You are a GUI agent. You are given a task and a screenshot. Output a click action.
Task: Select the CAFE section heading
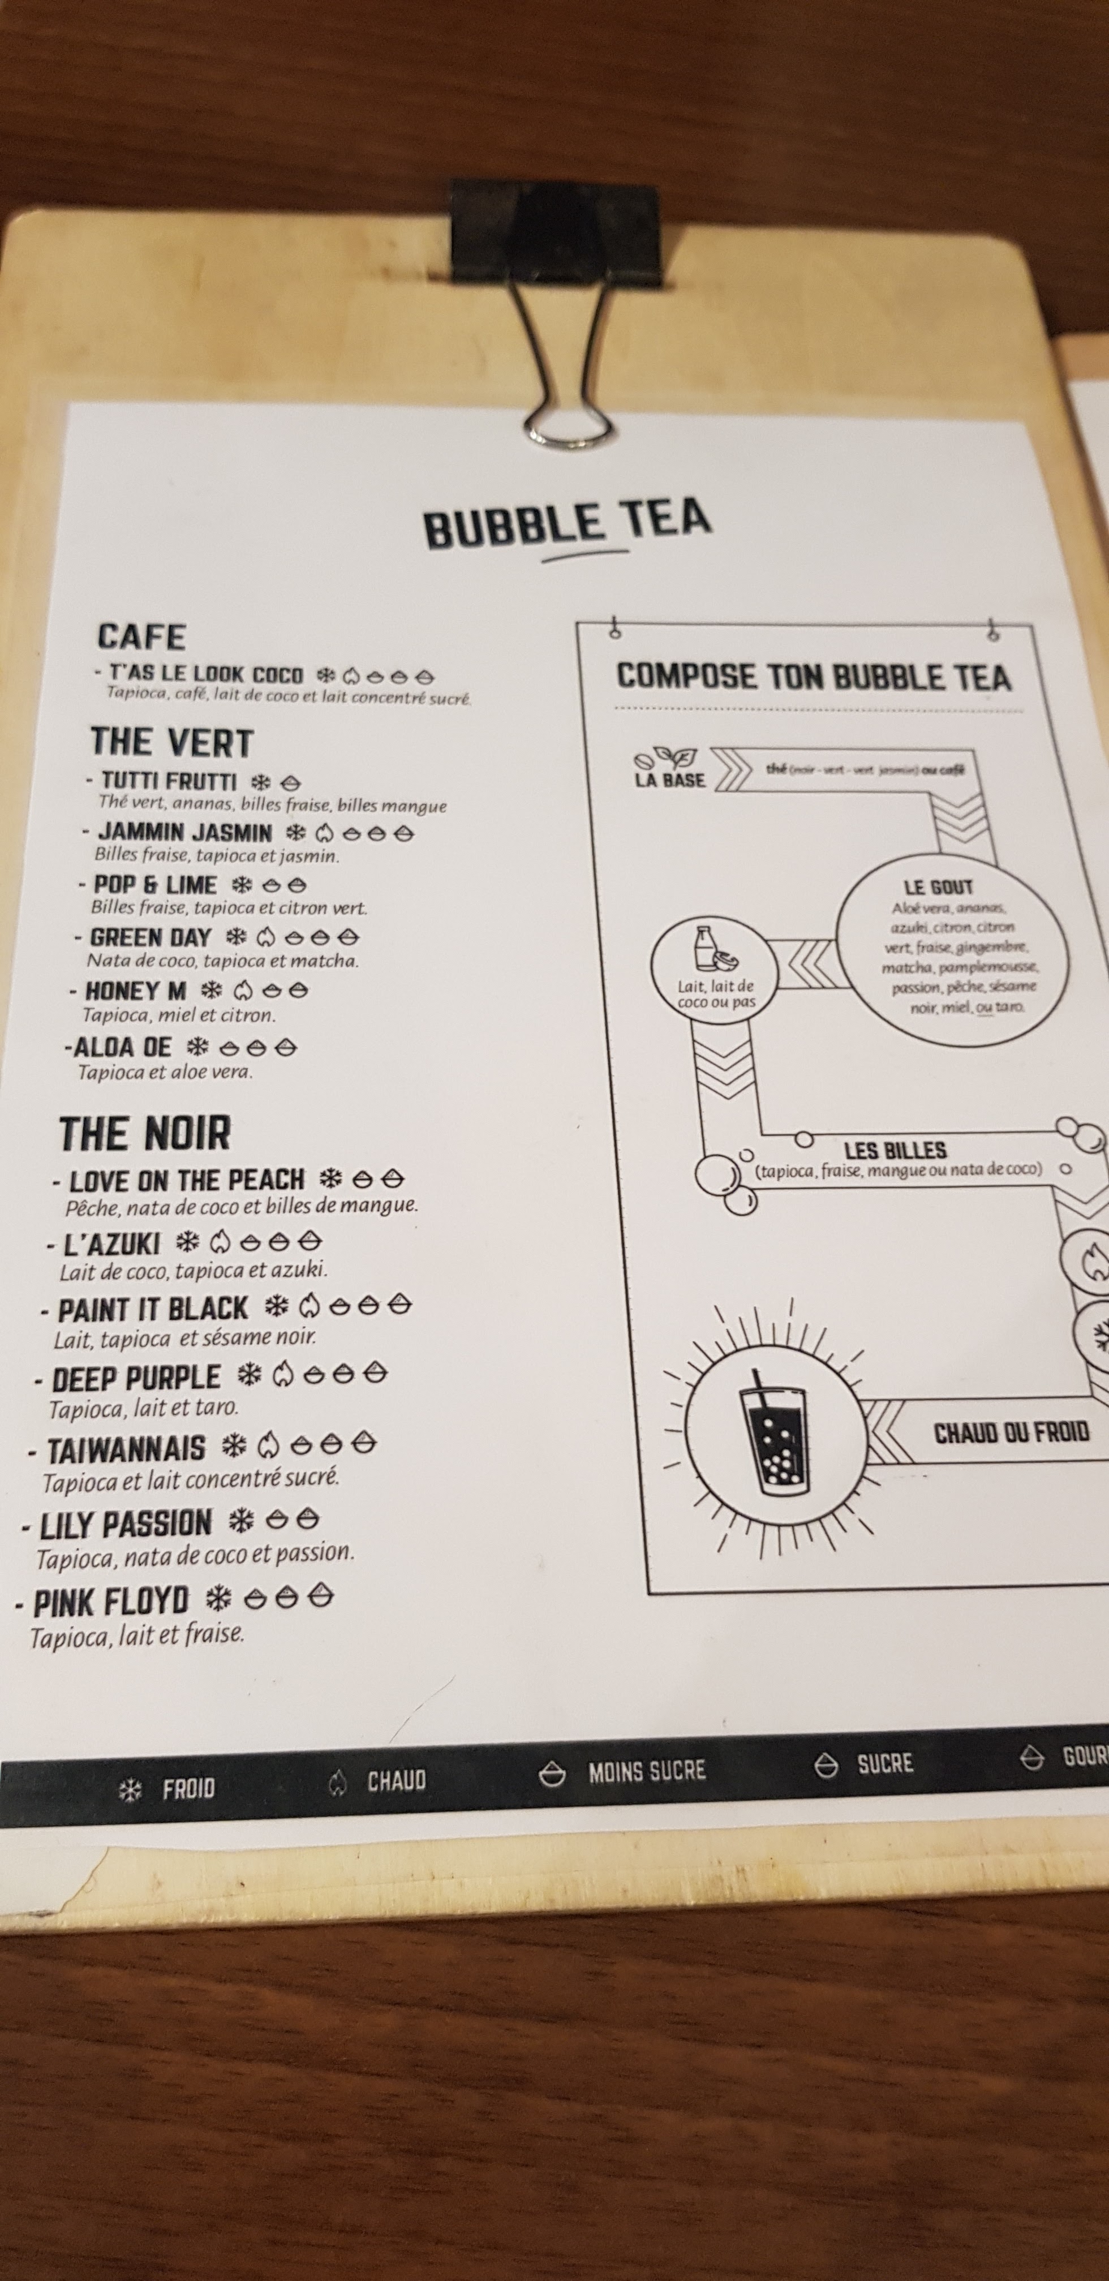tap(141, 636)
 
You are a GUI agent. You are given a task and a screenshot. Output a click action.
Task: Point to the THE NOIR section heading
tap(145, 1133)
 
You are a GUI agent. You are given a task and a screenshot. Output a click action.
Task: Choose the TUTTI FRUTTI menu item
tap(168, 781)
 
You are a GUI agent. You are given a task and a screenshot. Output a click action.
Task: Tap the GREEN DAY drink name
tap(151, 937)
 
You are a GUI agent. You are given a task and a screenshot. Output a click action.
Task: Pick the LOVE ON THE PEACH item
tap(186, 1180)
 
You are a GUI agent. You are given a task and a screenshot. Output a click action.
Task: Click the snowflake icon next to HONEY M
tap(212, 990)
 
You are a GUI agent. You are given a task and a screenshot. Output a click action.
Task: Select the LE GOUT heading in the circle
tap(938, 886)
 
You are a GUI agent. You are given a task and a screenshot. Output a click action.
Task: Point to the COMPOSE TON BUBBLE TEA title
tap(813, 677)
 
